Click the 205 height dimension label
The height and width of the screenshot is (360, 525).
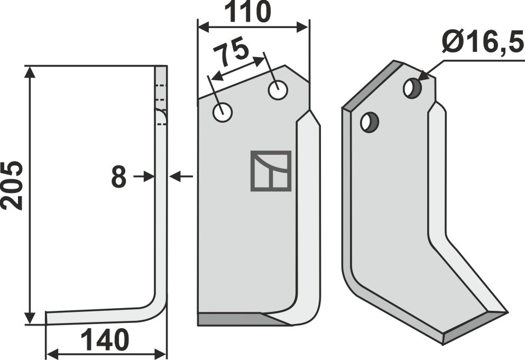point(12,185)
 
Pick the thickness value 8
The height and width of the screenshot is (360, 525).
point(118,178)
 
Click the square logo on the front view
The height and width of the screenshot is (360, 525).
point(271,171)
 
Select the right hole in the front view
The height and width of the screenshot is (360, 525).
point(278,90)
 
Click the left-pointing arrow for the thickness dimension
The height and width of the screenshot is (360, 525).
point(182,177)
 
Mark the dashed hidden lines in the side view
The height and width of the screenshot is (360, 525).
point(161,104)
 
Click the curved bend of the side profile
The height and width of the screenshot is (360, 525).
point(158,309)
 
